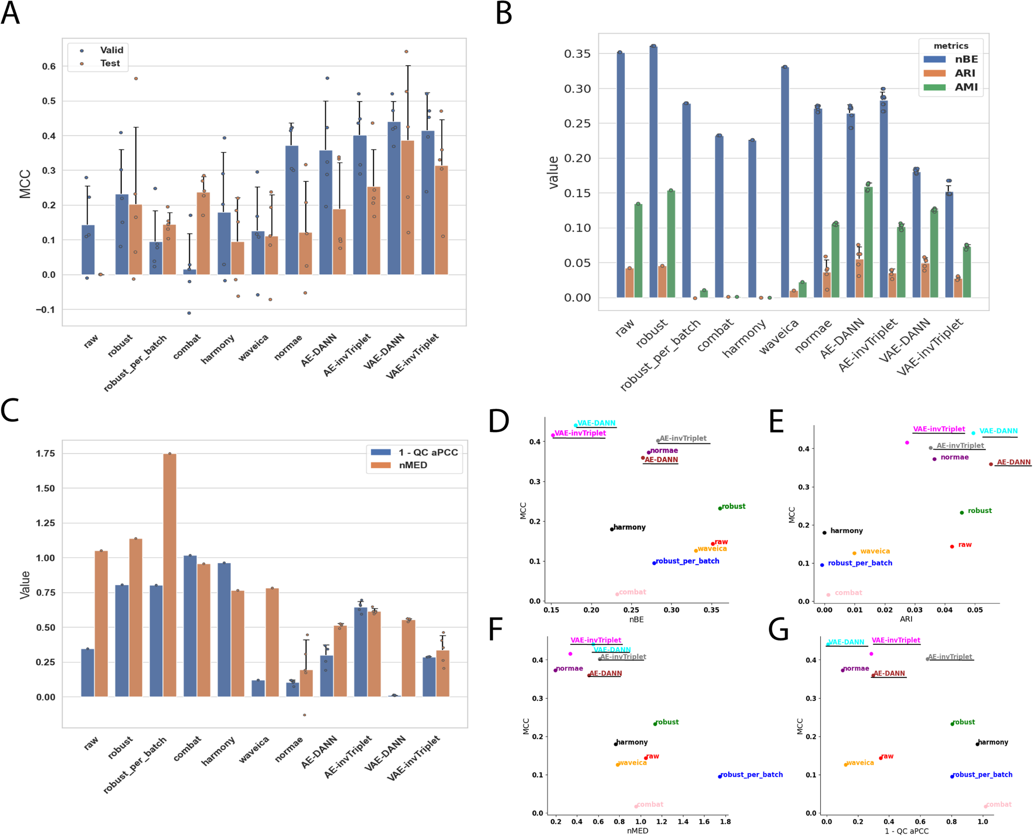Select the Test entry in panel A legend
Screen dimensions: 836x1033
coord(109,63)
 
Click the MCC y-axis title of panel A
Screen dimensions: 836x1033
coord(25,184)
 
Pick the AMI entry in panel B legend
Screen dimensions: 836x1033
coord(965,87)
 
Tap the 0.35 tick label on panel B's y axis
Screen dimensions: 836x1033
coord(577,54)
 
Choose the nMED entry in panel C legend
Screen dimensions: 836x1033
coord(413,465)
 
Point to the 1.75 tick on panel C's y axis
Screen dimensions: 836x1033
coord(45,453)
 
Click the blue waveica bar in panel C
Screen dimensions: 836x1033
coord(258,688)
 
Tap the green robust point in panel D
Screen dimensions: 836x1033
coord(720,508)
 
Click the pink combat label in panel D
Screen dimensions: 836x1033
coord(632,592)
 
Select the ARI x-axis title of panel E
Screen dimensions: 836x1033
coord(906,618)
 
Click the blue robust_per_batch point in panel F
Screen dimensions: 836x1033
coord(720,777)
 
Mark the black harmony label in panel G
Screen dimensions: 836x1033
coord(993,742)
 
